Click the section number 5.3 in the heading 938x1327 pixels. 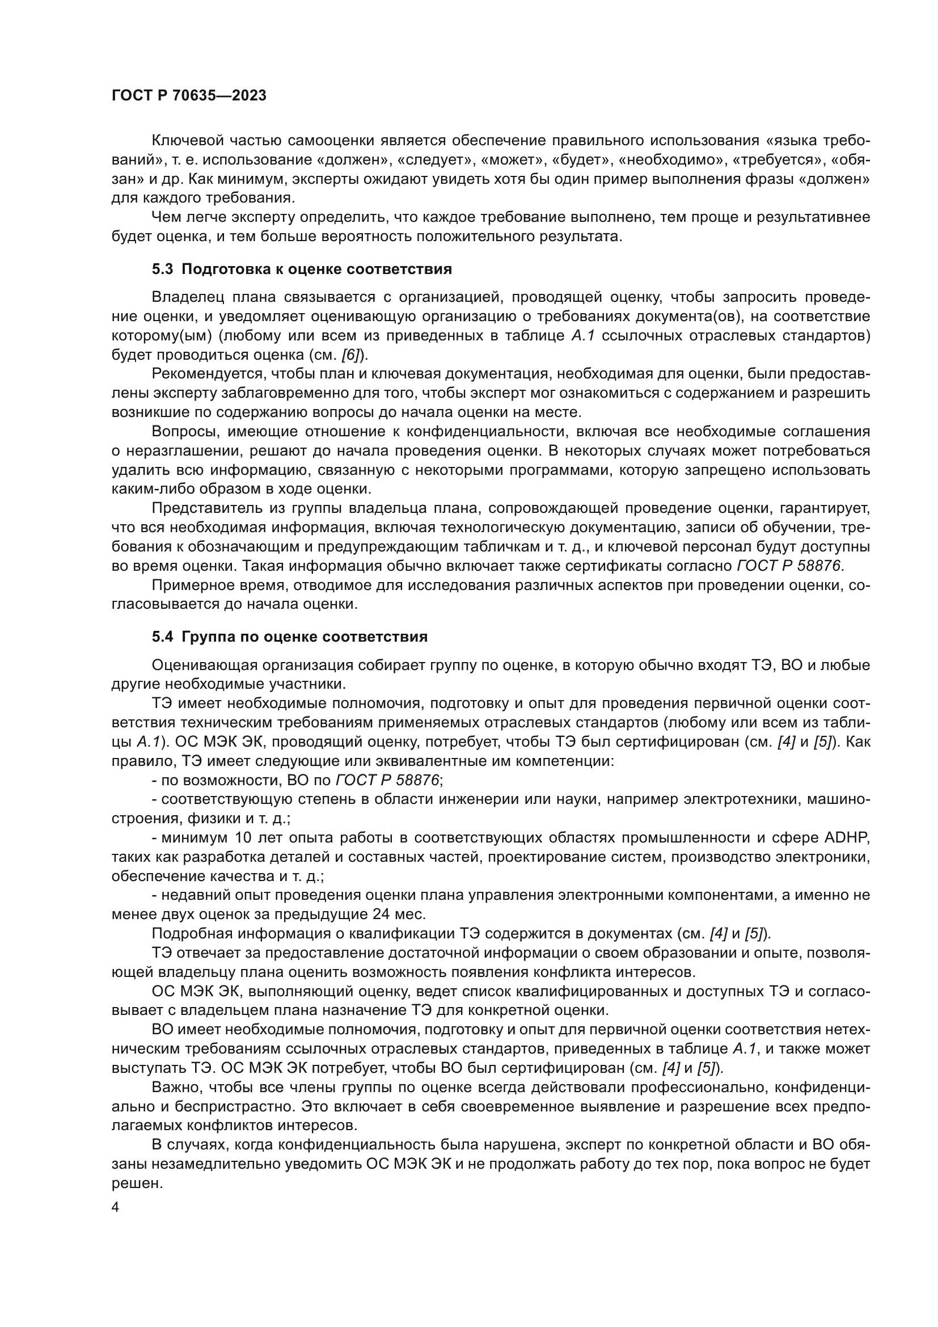[162, 269]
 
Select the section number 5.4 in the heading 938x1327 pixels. [162, 637]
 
